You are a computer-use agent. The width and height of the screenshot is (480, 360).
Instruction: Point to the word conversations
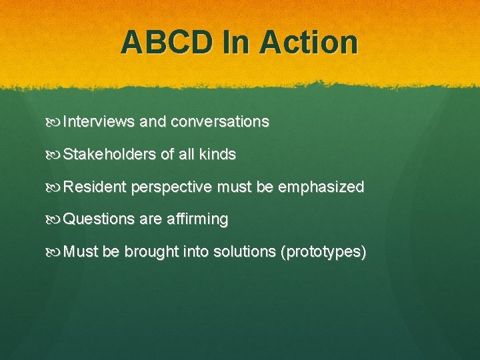(220, 122)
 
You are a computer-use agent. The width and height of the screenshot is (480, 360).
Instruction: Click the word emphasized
(321, 187)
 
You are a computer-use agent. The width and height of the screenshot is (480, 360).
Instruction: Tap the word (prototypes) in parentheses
(324, 252)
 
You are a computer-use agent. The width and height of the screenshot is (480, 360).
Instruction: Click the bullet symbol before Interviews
(54, 123)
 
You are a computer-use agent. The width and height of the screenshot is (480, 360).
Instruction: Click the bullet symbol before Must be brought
(54, 253)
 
